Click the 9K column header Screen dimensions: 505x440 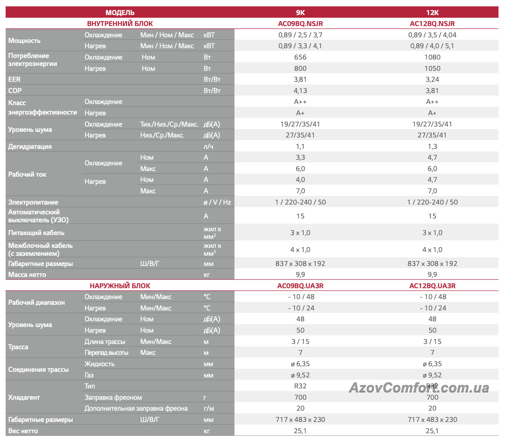[x=300, y=12]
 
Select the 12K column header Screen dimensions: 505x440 [x=432, y=12]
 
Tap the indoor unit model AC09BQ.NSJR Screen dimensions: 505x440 [x=300, y=23]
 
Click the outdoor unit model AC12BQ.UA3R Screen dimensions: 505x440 [x=432, y=286]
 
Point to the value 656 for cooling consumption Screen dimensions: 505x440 [x=300, y=57]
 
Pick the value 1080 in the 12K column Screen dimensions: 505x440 [x=432, y=57]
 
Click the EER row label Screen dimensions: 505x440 [x=14, y=79]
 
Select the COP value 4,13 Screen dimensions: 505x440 [x=300, y=91]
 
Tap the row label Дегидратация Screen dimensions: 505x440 [x=30, y=147]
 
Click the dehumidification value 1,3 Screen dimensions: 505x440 [x=432, y=147]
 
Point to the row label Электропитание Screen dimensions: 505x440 [x=33, y=202]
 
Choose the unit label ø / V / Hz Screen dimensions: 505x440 [x=217, y=202]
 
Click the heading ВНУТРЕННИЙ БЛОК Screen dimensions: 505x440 [x=120, y=23]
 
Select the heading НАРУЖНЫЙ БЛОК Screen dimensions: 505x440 [x=120, y=286]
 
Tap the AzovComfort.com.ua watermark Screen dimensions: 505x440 [x=418, y=387]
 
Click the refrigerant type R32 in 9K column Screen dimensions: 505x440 [x=300, y=386]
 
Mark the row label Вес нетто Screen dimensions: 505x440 [x=23, y=431]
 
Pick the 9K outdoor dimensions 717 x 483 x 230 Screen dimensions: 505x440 [x=300, y=420]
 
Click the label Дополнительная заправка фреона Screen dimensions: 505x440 [x=136, y=408]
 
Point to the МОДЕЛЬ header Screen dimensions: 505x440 [x=120, y=12]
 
